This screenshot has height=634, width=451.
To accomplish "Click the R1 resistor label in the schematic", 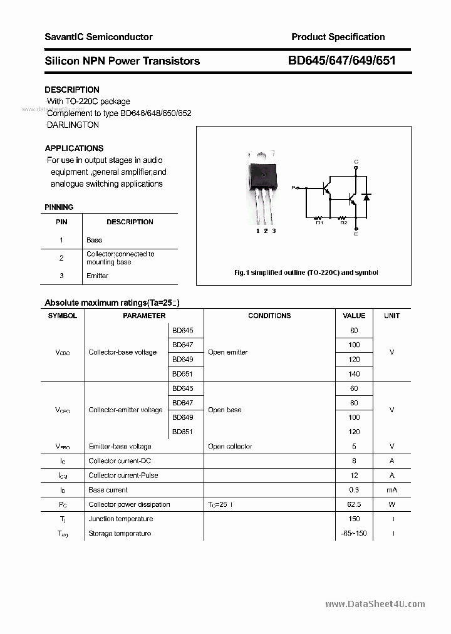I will pos(319,222).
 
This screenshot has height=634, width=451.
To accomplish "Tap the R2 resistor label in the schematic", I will pos(343,222).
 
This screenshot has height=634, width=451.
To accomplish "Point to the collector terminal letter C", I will pos(356,162).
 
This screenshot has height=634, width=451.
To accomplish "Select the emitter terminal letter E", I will pos(356,234).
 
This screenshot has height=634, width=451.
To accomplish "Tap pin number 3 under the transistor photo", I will pos(274,231).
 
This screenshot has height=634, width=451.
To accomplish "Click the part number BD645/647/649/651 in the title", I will pos(341,61).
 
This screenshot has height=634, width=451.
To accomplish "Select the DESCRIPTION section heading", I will pos(72,90).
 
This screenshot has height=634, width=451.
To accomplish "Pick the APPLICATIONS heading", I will pos(74,148).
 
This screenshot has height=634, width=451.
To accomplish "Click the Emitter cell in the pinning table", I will pos(97,276).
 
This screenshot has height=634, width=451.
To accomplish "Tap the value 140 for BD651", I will pos(354,373).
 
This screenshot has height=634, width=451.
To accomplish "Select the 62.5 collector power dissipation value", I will pos(354,504).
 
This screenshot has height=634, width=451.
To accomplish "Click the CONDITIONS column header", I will pos(269,316).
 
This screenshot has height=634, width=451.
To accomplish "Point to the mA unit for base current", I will pos(391,490).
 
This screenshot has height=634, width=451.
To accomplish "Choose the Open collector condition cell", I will pos(230,447).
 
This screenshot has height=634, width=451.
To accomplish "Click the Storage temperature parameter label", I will pos(120,533).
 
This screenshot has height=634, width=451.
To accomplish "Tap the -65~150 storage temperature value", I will pos(354,533).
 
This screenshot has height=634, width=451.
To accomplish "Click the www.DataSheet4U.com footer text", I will pos(375,604).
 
